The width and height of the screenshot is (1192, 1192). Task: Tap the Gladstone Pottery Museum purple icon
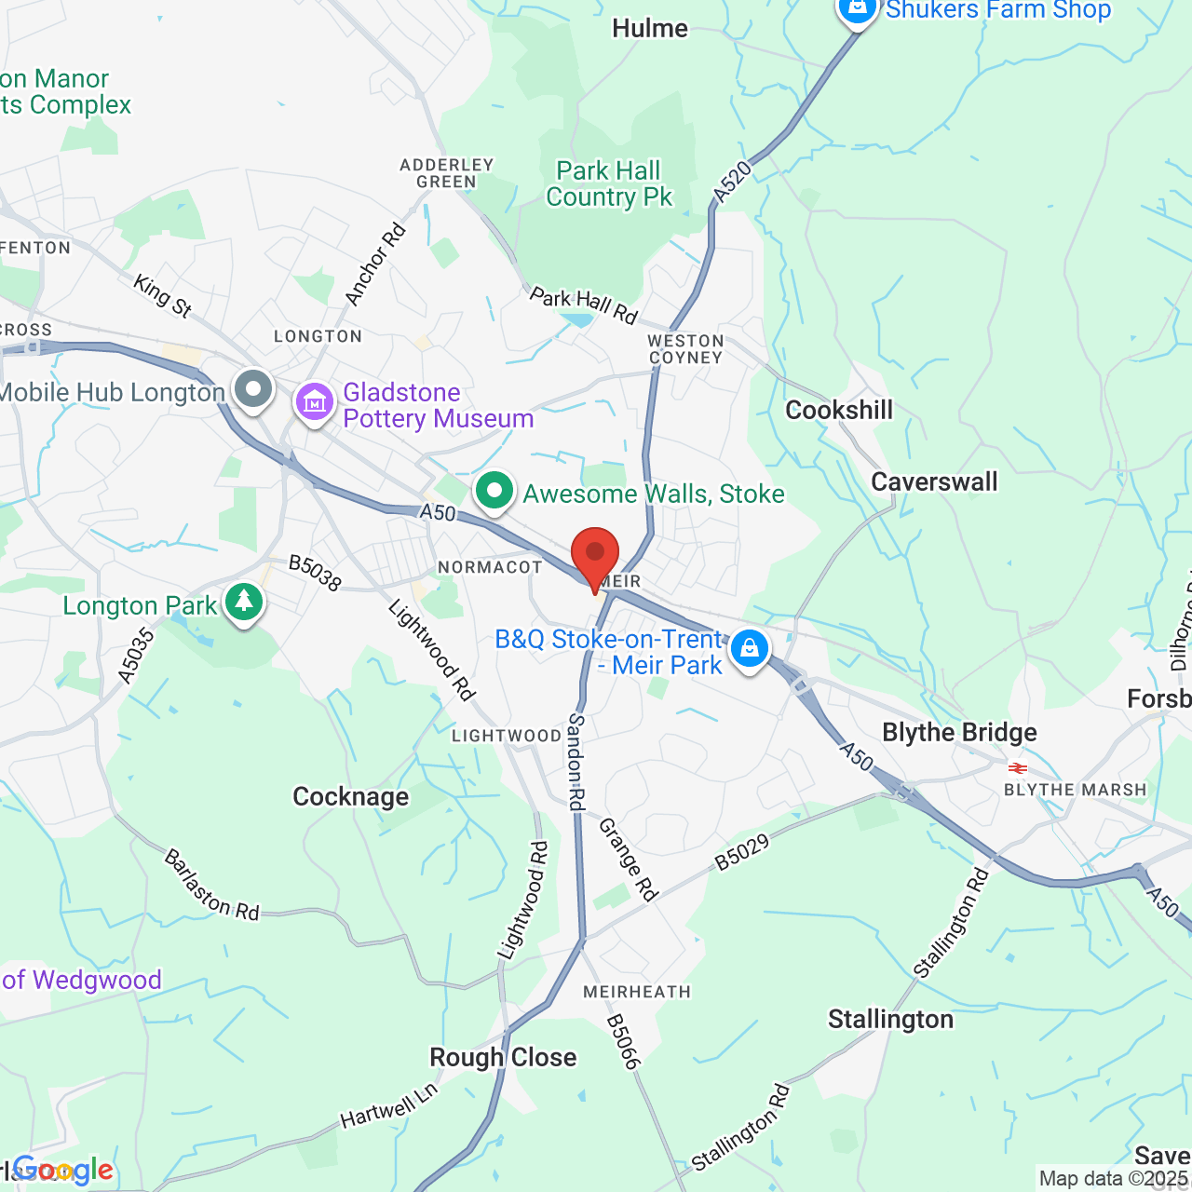pyautogui.click(x=315, y=402)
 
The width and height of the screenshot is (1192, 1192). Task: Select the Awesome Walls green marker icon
pyautogui.click(x=494, y=490)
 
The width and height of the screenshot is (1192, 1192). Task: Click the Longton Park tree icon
pyautogui.click(x=244, y=602)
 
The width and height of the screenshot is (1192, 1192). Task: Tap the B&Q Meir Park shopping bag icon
pyautogui.click(x=749, y=647)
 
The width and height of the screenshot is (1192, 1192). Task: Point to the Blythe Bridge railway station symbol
pyautogui.click(x=1018, y=768)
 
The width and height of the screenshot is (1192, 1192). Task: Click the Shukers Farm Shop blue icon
pyautogui.click(x=857, y=9)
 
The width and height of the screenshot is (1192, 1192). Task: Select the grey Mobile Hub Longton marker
pyautogui.click(x=252, y=388)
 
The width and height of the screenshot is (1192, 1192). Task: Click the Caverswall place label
pyautogui.click(x=934, y=481)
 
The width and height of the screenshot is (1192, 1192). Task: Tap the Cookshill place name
pyautogui.click(x=839, y=410)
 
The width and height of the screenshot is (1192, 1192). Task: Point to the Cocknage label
pyautogui.click(x=351, y=797)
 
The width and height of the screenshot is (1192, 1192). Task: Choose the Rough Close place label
pyautogui.click(x=503, y=1058)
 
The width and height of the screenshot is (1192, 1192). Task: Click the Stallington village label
pyautogui.click(x=890, y=1020)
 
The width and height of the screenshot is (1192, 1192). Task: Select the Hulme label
pyautogui.click(x=650, y=29)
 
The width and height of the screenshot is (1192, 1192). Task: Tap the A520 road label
pyautogui.click(x=732, y=182)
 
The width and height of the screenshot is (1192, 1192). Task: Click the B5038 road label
pyautogui.click(x=315, y=573)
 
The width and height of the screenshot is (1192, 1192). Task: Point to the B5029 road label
pyautogui.click(x=742, y=852)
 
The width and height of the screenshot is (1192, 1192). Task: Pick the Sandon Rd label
pyautogui.click(x=576, y=762)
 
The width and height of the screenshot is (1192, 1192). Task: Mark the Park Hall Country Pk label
pyautogui.click(x=609, y=183)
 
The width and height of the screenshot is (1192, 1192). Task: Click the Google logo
pyautogui.click(x=63, y=1170)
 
